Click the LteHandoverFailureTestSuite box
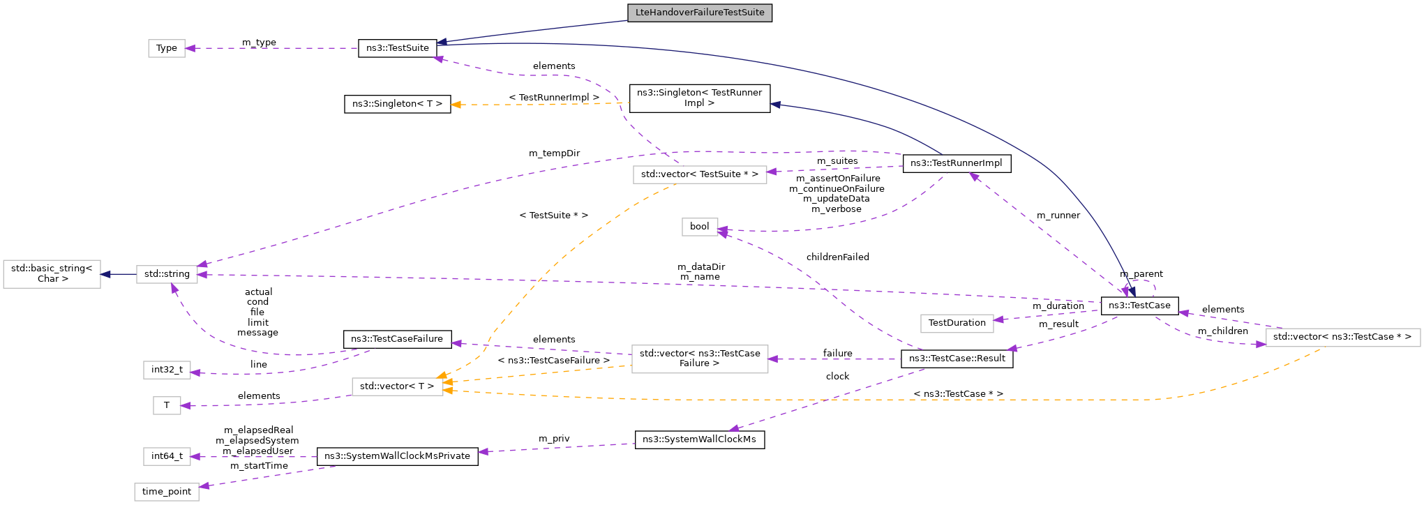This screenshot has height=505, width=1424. click(700, 13)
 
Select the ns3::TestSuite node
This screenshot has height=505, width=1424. click(398, 48)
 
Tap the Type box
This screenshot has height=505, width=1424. click(167, 48)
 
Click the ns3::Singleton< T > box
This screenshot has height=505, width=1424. click(397, 104)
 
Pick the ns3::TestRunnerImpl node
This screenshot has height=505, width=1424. click(957, 163)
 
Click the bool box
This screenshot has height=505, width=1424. click(699, 227)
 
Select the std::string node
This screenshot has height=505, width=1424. click(167, 274)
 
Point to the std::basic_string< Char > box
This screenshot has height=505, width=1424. click(52, 273)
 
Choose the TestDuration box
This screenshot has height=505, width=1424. click(957, 323)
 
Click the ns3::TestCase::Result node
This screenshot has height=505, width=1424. click(957, 359)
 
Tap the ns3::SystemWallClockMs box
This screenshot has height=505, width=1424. click(699, 439)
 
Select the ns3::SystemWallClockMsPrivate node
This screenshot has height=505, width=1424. click(397, 456)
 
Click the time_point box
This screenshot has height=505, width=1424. click(167, 492)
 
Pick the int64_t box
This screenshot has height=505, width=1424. click(167, 456)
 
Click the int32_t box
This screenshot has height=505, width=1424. click(167, 370)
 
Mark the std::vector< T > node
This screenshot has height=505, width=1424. click(397, 386)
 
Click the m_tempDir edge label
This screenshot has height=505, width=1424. click(554, 153)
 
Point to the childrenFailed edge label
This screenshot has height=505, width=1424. click(837, 257)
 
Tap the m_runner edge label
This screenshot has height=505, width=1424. click(1058, 216)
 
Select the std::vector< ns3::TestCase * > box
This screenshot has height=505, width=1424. click(1342, 337)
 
